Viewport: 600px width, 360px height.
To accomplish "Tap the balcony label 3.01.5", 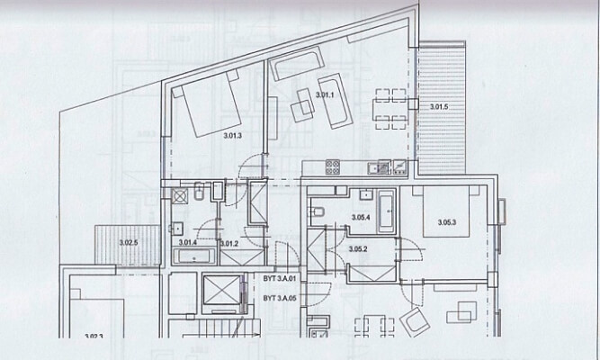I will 438,108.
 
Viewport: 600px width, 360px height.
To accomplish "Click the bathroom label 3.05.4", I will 362,218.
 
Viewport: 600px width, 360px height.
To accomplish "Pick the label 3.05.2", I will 358,248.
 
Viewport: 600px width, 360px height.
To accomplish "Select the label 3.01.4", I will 188,243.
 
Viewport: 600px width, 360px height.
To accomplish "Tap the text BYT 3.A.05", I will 280,298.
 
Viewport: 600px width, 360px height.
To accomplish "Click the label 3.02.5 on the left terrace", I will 130,243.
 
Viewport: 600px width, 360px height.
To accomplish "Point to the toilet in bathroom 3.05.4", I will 317,213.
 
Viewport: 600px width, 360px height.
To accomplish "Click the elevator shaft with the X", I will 220,291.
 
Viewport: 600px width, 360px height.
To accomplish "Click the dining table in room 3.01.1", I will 390,105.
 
